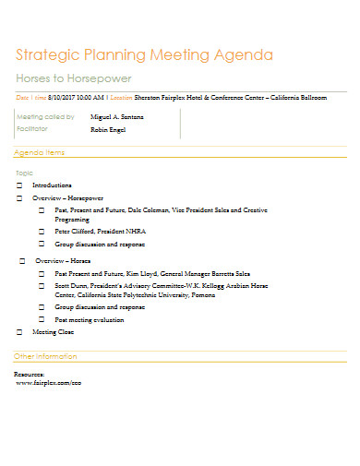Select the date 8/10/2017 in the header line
click(61, 96)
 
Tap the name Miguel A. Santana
click(116, 117)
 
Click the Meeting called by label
click(45, 117)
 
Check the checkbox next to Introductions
click(19, 185)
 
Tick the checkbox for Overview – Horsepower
click(19, 198)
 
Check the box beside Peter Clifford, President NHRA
click(42, 231)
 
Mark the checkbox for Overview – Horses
click(23, 261)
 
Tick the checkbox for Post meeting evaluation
click(42, 319)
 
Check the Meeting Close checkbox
click(19, 331)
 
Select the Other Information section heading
click(45, 356)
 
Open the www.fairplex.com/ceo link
click(50, 381)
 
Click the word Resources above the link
click(30, 374)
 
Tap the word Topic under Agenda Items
click(25, 173)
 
